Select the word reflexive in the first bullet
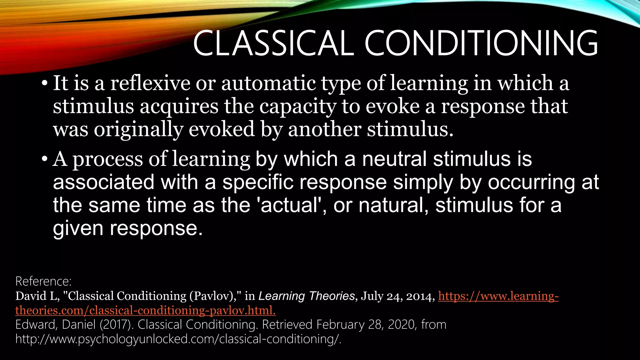pyautogui.click(x=150, y=83)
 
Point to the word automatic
pyautogui.click(x=268, y=83)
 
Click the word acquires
pyautogui.click(x=179, y=107)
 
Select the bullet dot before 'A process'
pyautogui.click(x=44, y=160)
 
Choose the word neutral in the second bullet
pyautogui.click(x=394, y=159)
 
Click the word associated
pyautogui.click(x=103, y=182)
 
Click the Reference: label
pyautogui.click(x=43, y=281)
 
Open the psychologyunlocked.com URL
pyautogui.click(x=178, y=339)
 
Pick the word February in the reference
pyautogui.click(x=340, y=325)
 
